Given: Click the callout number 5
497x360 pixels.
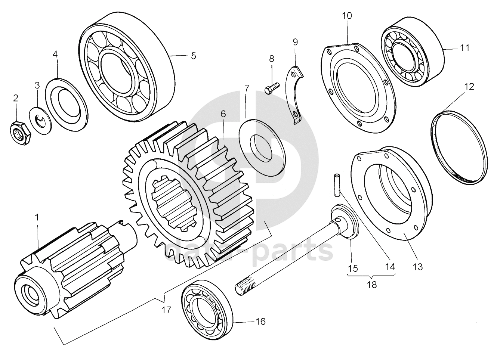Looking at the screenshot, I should [x=193, y=56].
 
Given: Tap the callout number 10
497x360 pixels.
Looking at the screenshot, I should [x=347, y=16].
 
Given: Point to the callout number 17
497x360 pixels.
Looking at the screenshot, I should [x=166, y=310].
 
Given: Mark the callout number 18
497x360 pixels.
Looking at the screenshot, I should [x=372, y=285].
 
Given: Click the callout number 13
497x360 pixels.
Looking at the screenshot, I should [x=418, y=267].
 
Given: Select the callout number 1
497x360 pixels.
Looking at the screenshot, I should [x=37, y=217].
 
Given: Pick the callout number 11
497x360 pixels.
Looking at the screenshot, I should [x=464, y=48].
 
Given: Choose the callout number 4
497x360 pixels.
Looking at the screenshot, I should [x=55, y=54].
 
